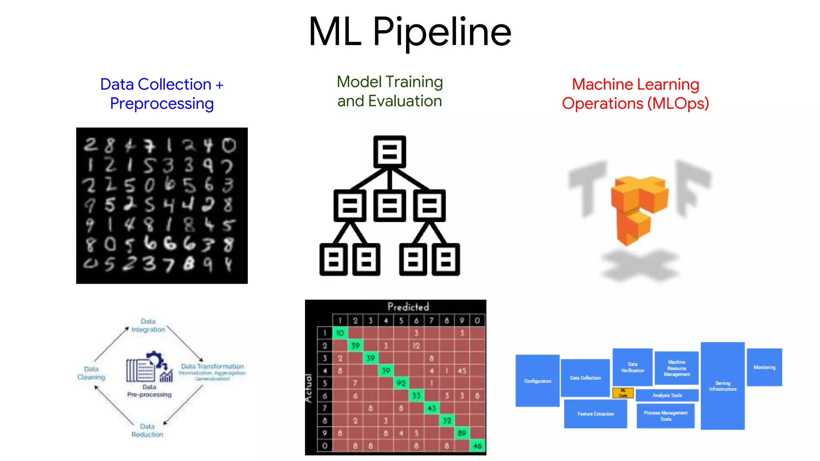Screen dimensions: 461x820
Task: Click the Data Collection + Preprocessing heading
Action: pos(162,94)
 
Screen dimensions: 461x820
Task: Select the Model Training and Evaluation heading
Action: pos(390,91)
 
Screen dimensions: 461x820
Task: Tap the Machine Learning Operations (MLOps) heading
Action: pos(635,94)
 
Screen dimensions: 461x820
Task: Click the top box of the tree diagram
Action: pos(390,152)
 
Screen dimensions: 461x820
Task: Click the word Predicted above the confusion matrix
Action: pos(408,307)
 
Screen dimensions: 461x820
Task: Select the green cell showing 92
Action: pos(401,383)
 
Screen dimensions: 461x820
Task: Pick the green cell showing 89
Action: pos(462,433)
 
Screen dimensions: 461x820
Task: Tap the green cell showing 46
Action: pos(477,446)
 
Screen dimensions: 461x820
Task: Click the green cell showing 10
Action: pos(340,333)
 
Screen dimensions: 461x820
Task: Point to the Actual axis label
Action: pos(309,388)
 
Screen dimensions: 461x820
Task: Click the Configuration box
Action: pos(537,381)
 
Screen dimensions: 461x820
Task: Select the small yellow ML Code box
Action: pos(623,393)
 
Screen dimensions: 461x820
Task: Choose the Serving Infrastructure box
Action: pos(723,386)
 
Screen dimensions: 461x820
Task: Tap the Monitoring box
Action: pos(764,367)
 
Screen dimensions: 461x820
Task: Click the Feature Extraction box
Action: pos(595,414)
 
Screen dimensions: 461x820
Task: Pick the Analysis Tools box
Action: pos(667,395)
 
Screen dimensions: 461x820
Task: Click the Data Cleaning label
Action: pos(91,373)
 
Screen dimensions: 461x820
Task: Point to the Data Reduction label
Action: pos(147,430)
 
